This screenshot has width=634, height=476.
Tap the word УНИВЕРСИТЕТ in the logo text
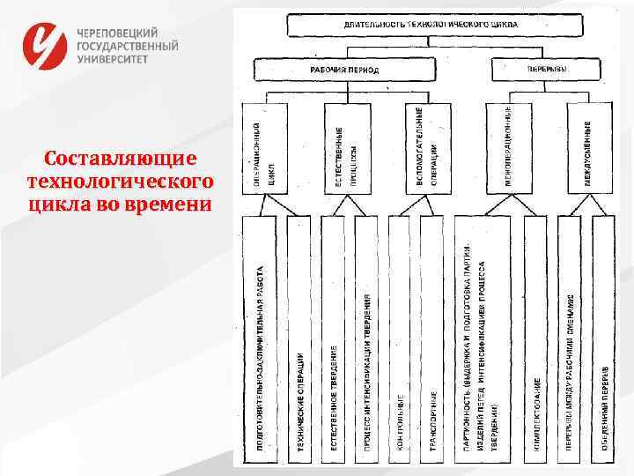(114, 58)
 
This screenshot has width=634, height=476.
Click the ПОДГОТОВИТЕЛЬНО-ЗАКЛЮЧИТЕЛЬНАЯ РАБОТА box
(261, 339)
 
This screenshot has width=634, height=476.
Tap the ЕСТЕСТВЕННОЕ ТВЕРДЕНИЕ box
(333, 339)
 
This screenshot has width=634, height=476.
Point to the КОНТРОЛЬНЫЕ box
(399, 339)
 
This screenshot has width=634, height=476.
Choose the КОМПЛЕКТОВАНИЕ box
(535, 339)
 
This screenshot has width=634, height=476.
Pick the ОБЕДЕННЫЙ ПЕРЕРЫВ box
(604, 339)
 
